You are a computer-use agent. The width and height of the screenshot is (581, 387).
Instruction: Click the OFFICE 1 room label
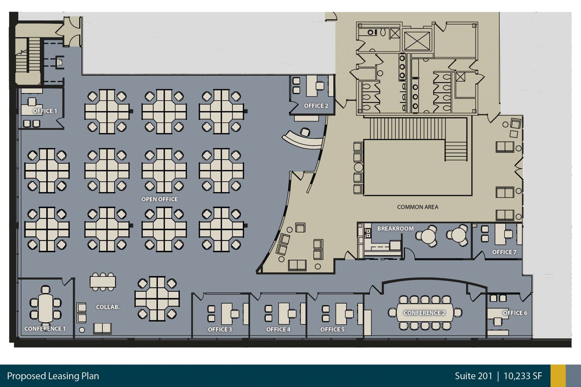click(x=45, y=111)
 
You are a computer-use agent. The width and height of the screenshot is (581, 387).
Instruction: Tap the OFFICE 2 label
click(x=316, y=106)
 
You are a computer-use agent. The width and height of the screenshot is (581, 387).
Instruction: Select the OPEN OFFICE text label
click(x=160, y=199)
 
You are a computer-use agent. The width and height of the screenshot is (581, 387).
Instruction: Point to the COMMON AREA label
click(x=418, y=207)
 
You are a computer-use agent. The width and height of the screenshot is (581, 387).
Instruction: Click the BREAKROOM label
click(x=395, y=229)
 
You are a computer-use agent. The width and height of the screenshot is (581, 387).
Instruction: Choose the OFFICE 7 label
click(x=504, y=252)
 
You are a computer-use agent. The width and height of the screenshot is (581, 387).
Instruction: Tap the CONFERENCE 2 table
click(x=425, y=313)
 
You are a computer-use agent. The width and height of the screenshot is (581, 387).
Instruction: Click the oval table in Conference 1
click(x=46, y=308)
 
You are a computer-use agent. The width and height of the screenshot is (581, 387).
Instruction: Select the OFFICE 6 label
click(x=515, y=313)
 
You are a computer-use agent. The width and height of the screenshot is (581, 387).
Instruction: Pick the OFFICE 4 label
click(x=278, y=329)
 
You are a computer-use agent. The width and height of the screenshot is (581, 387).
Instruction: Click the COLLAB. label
click(x=108, y=307)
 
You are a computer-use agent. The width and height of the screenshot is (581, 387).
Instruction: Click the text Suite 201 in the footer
click(x=474, y=376)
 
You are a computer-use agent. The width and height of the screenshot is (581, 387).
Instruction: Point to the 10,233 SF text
click(x=523, y=376)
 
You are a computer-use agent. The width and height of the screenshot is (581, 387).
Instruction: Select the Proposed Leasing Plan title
click(x=53, y=376)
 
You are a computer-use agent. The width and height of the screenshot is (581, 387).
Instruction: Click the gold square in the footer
click(x=558, y=376)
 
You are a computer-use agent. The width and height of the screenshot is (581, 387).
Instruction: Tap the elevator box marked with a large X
click(x=417, y=41)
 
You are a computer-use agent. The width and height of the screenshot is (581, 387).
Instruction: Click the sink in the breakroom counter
click(x=368, y=233)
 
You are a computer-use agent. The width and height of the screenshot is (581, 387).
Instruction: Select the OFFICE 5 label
click(x=332, y=329)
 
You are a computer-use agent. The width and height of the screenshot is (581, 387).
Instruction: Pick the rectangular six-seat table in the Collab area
click(x=103, y=282)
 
